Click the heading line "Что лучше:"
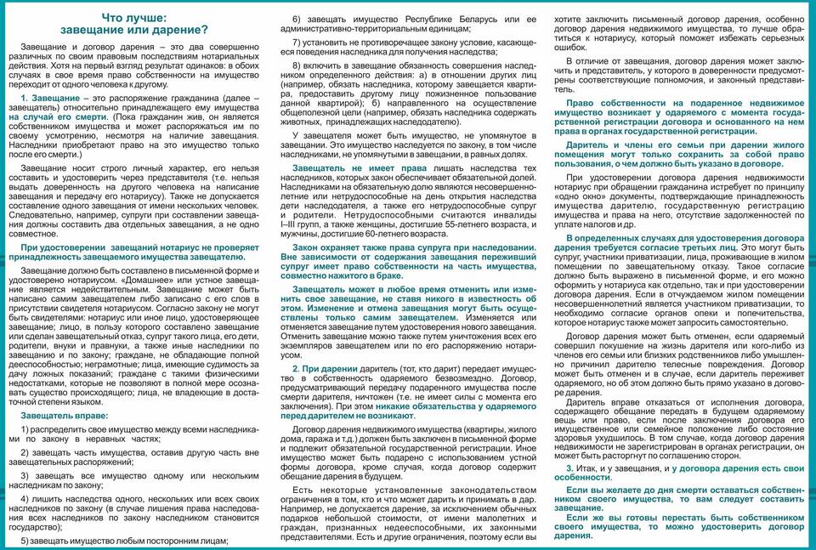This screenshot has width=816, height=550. click(135, 18)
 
